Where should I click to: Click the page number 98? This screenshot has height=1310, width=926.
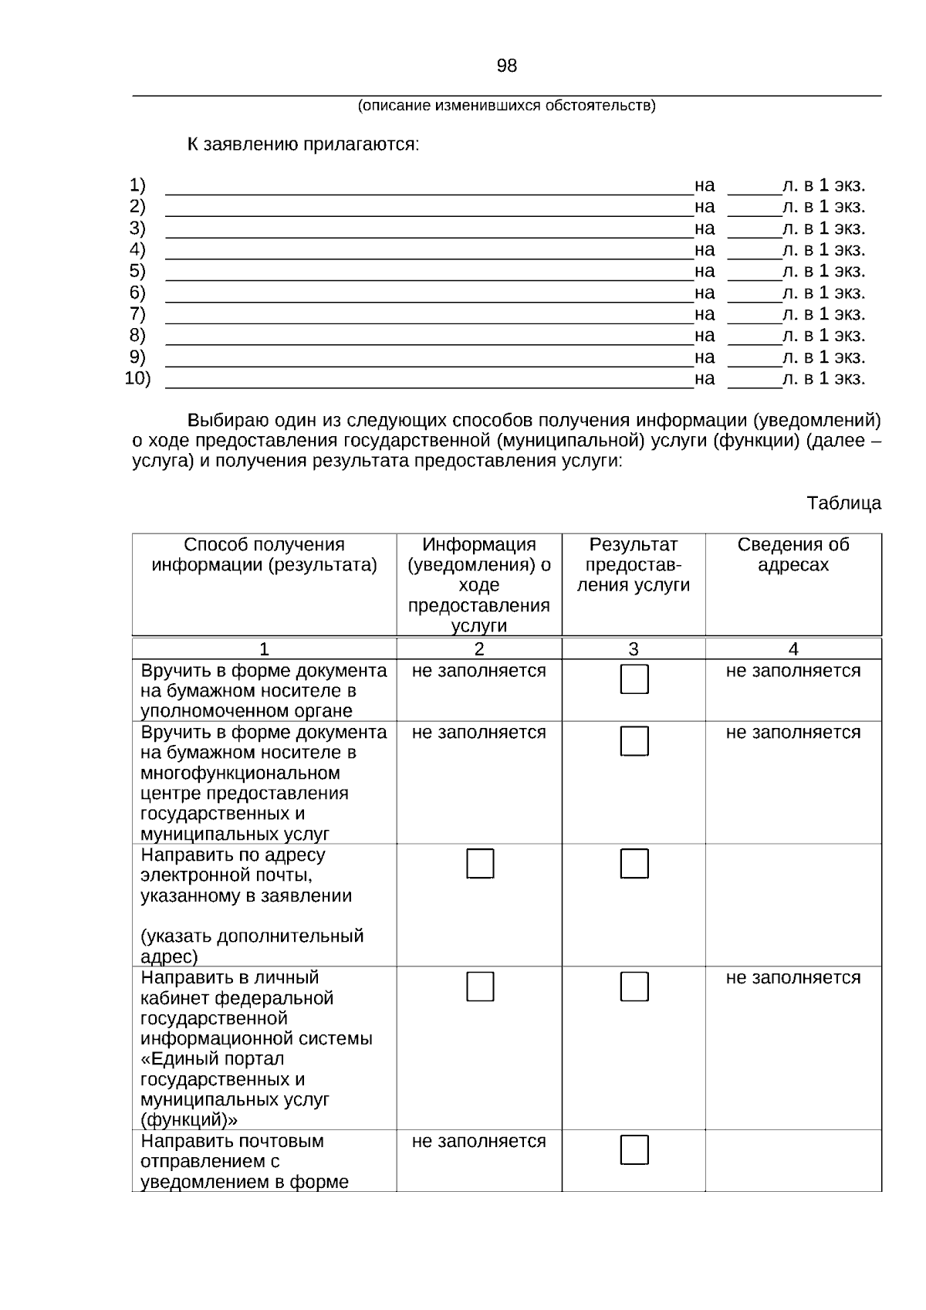click(x=506, y=66)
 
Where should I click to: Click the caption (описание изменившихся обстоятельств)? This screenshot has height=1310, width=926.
click(x=506, y=106)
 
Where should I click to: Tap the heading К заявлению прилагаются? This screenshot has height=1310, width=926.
click(x=303, y=144)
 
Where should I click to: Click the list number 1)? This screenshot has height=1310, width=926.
click(x=137, y=185)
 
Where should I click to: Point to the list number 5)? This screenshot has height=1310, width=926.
click(x=137, y=271)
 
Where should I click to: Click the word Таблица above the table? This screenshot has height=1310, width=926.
click(x=843, y=503)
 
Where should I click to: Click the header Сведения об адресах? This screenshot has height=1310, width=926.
click(x=793, y=554)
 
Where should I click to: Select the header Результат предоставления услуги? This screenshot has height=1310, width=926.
click(x=633, y=564)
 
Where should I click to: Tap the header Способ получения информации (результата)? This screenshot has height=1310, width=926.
click(x=264, y=554)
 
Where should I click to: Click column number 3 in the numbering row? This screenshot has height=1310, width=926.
click(x=633, y=649)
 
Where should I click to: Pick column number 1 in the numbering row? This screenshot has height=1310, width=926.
click(x=264, y=649)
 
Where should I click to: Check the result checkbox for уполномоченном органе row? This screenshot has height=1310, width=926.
click(x=634, y=679)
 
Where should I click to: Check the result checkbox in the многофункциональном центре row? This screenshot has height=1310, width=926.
click(x=634, y=741)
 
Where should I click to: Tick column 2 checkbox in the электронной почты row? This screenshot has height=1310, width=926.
click(x=480, y=864)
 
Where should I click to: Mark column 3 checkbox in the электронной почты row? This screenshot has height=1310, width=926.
click(x=634, y=864)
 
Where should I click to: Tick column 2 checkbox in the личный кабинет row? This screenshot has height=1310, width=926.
click(x=480, y=987)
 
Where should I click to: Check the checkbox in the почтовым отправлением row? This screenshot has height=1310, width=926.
click(x=634, y=1150)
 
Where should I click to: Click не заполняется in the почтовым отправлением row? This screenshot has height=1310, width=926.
click(x=478, y=1141)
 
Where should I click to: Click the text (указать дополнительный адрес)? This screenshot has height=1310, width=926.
click(x=252, y=946)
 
